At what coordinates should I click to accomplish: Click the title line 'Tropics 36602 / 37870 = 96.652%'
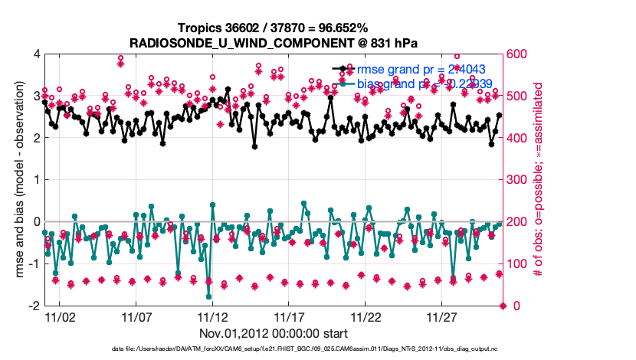(274, 28)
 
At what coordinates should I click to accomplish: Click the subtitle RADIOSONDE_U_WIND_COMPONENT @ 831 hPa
(274, 42)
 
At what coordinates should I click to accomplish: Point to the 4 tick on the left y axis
(36, 54)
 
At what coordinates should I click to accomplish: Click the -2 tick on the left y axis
(34, 306)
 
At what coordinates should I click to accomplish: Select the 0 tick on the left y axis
(36, 222)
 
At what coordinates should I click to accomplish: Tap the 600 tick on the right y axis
(517, 54)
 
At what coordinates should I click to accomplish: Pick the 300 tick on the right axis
(517, 180)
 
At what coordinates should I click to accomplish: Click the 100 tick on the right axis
(517, 264)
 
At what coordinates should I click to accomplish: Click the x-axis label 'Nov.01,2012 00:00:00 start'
(274, 334)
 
